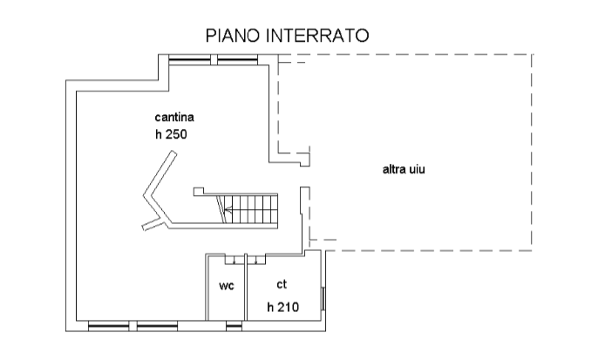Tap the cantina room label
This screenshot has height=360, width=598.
tap(174, 117)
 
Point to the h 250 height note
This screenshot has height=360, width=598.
tap(171, 135)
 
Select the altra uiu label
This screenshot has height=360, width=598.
tap(403, 168)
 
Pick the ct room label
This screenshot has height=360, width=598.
tap(282, 284)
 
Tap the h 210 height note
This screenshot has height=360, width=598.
tap(282, 306)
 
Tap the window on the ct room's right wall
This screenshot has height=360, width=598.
tap(325, 299)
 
